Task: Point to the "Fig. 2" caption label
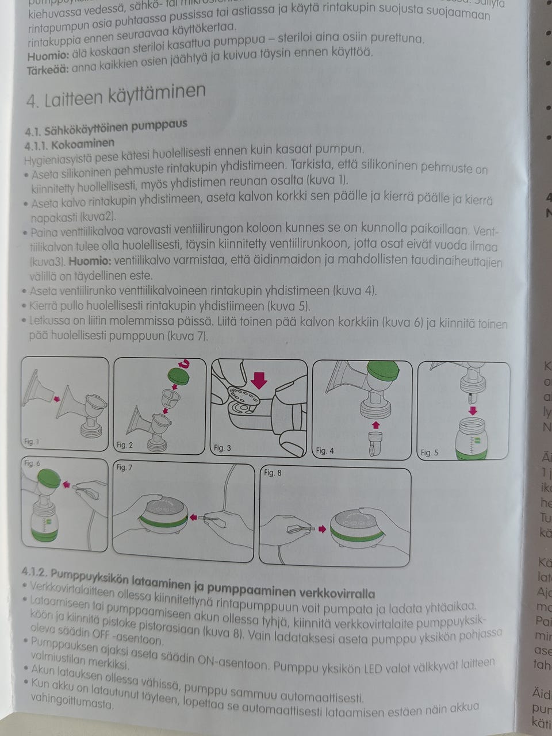pos(125,444)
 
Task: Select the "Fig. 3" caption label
pos(222,447)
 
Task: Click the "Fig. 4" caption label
pos(325,451)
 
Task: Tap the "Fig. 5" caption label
pos(430,453)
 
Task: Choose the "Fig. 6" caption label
pos(32,463)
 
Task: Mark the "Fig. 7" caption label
pos(124,467)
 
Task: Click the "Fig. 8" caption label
pos(273,473)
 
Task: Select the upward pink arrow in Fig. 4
pos(375,424)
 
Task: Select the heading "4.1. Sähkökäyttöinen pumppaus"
pos(106,125)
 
